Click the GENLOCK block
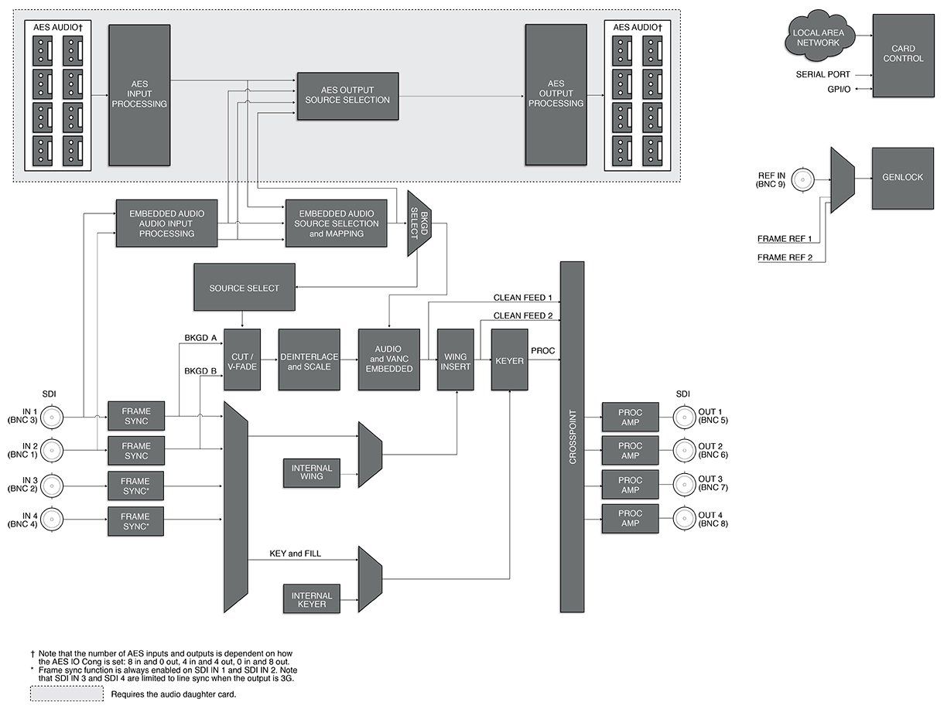point(902,178)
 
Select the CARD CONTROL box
point(902,54)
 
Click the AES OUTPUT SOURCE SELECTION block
point(347,95)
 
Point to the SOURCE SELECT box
point(244,288)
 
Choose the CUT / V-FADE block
point(241,360)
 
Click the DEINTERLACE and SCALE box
point(309,360)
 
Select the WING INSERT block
point(455,360)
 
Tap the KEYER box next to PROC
point(509,360)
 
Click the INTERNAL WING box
point(312,472)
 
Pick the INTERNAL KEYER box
point(312,599)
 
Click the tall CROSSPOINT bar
point(573,437)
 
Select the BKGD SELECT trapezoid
point(419,224)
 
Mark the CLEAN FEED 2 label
point(523,316)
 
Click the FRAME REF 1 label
point(785,237)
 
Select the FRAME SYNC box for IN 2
point(136,451)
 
